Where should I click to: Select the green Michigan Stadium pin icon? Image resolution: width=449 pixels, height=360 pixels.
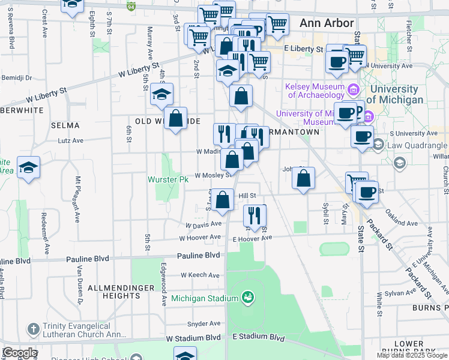pos(247,297)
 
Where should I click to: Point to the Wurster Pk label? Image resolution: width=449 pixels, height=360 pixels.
pos(169,179)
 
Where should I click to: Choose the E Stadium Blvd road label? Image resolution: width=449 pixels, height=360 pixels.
pos(258,338)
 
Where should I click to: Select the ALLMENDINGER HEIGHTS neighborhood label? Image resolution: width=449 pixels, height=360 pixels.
pos(114,292)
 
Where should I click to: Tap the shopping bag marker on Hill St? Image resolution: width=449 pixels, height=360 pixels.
pos(223,200)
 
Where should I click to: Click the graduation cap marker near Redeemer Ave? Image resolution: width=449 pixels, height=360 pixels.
pos(28,168)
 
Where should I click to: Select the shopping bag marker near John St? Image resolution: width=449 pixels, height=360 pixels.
pos(304,178)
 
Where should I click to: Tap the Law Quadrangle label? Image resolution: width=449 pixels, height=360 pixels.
pos(418,145)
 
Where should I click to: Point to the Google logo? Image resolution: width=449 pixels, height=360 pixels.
pos(20,353)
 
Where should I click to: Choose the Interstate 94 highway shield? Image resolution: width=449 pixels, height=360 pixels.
pos(131,7)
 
